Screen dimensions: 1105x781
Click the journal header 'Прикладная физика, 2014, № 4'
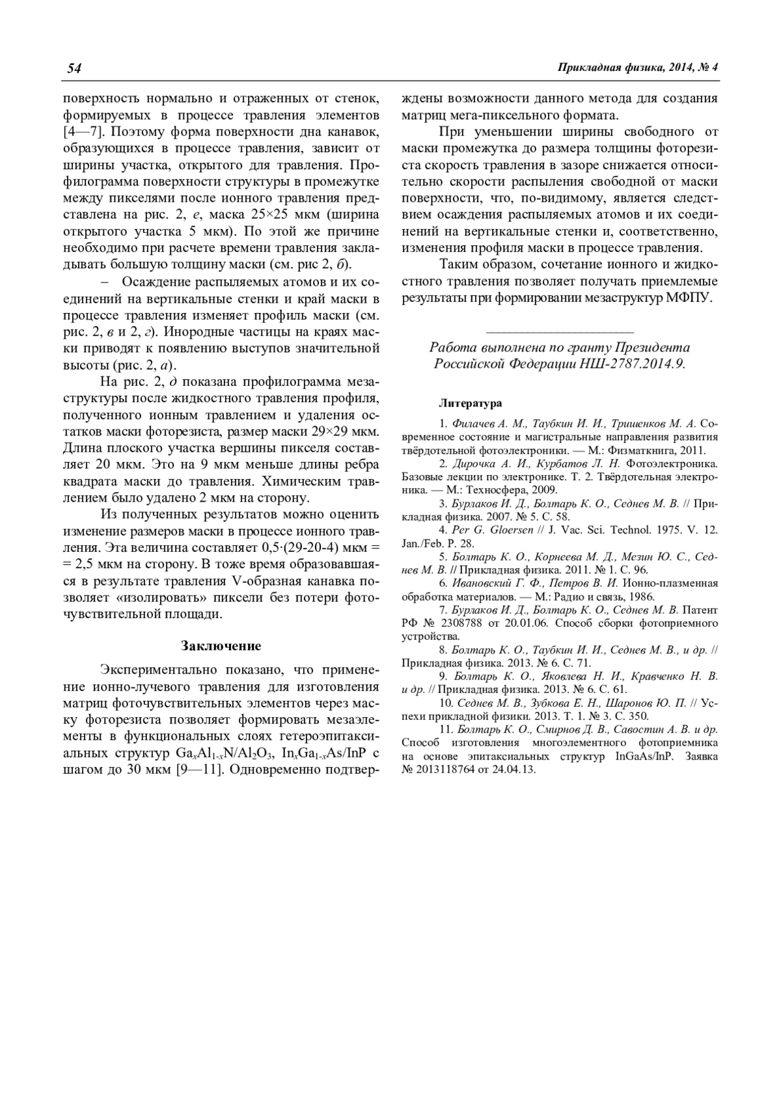tap(638, 68)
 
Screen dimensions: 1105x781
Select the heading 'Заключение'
tap(221, 646)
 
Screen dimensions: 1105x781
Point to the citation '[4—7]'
tap(81, 132)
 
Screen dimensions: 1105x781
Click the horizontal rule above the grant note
tap(560, 333)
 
